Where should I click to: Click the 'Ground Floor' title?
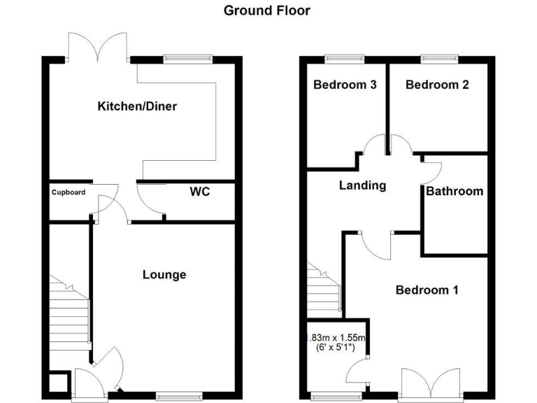click(267, 10)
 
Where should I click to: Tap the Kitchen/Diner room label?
click(137, 106)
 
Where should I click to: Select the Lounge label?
click(164, 274)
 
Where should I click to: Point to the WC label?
click(200, 191)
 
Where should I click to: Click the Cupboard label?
click(68, 192)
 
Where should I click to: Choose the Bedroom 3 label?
click(345, 85)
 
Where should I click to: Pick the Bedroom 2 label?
click(437, 85)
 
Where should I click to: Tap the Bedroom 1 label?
click(427, 290)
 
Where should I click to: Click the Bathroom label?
click(454, 190)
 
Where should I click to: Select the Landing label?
click(362, 185)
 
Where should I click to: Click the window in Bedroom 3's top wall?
click(345, 58)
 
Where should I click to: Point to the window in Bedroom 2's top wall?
click(438, 58)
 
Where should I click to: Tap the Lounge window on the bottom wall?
click(173, 396)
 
